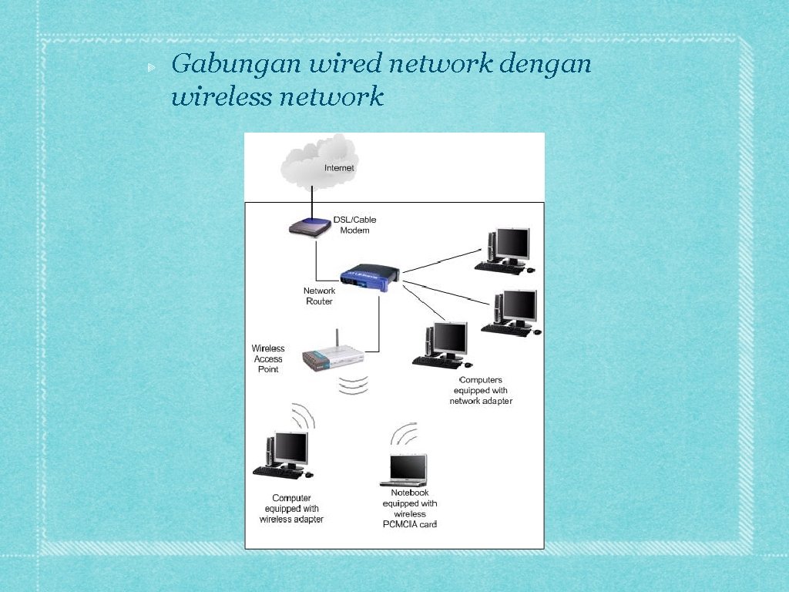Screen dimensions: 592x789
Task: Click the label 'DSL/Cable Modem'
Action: pyautogui.click(x=354, y=225)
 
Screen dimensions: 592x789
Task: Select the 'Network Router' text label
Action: pyautogui.click(x=319, y=296)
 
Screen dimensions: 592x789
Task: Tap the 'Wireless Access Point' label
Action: pyautogui.click(x=268, y=359)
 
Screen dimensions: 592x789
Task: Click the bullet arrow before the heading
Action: pyautogui.click(x=151, y=68)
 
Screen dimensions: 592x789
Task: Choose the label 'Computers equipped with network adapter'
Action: pyautogui.click(x=481, y=391)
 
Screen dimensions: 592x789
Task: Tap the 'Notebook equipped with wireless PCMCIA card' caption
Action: pyautogui.click(x=410, y=509)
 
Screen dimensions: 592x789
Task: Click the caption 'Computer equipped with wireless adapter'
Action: pyautogui.click(x=291, y=509)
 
